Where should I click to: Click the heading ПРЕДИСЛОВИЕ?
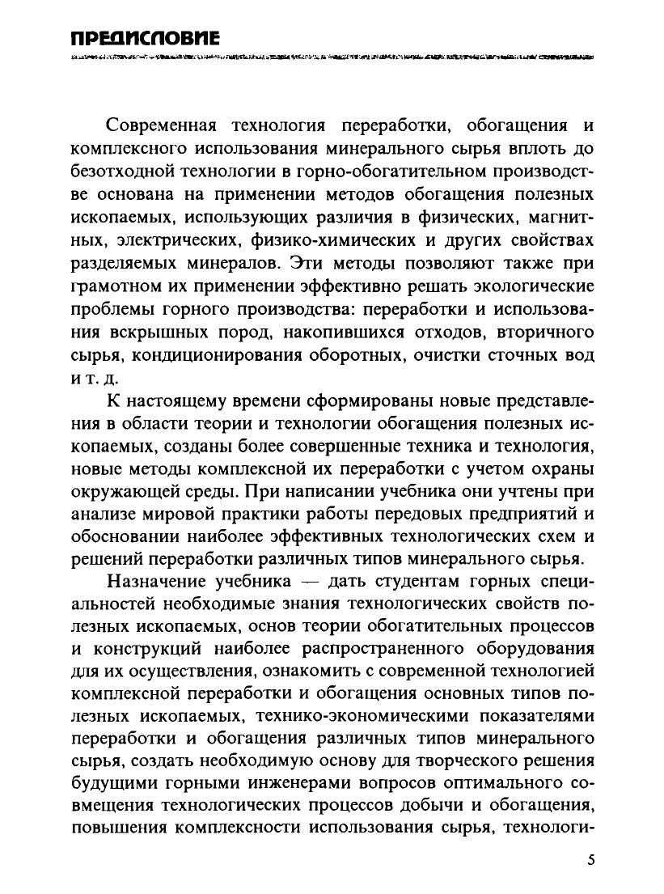click(145, 38)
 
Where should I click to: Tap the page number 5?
click(591, 859)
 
